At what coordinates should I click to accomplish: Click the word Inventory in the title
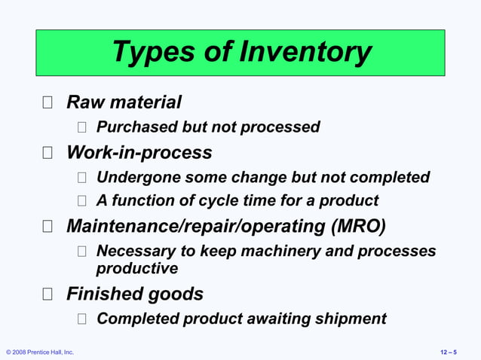[305, 52]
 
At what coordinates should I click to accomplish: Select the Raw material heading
[124, 102]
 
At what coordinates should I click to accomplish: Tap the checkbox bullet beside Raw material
[47, 102]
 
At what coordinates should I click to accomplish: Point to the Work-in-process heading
[139, 153]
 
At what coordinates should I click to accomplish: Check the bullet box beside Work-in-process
[47, 154]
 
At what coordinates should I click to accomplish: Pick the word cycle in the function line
[219, 201]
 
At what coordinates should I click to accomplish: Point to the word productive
[137, 268]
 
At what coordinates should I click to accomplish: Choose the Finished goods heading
[135, 293]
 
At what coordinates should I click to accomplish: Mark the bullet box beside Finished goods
[47, 294]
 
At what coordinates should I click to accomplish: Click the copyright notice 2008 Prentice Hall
[40, 352]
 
